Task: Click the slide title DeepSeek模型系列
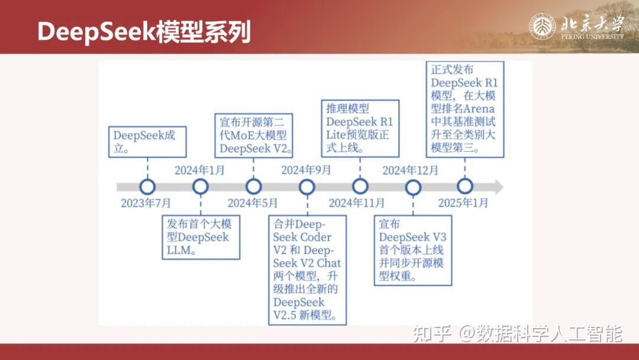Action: point(144,31)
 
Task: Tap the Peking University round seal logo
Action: point(542,27)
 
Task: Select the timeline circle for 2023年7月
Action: point(147,187)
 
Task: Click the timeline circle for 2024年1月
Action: point(201,187)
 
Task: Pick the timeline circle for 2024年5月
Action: point(254,187)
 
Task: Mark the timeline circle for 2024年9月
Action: point(306,187)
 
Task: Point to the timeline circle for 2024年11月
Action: point(360,187)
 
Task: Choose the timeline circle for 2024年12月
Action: point(412,187)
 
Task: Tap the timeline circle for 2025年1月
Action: point(465,187)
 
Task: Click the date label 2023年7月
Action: point(146,203)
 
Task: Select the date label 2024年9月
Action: point(306,171)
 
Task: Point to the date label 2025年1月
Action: point(463,203)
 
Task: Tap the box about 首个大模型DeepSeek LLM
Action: point(201,237)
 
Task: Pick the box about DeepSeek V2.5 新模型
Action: point(306,270)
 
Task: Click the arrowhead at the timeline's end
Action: point(498,187)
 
